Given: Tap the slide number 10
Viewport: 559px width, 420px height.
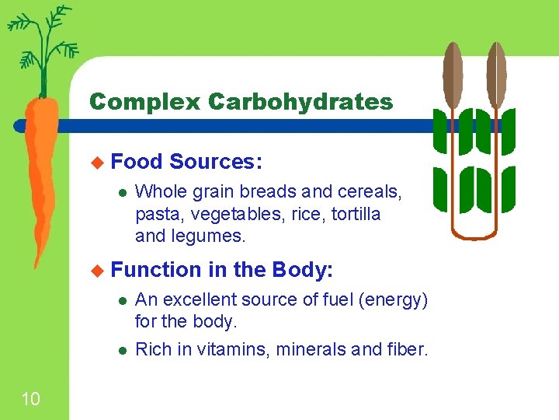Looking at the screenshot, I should point(30,400).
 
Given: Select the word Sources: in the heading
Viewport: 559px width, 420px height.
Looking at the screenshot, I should point(216,162).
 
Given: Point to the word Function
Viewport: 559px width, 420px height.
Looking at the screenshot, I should point(156,270).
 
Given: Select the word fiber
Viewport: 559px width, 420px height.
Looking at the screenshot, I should point(407,350).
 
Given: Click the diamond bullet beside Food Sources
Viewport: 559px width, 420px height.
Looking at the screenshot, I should point(97,162).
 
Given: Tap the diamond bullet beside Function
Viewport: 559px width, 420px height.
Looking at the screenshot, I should point(97,270).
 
